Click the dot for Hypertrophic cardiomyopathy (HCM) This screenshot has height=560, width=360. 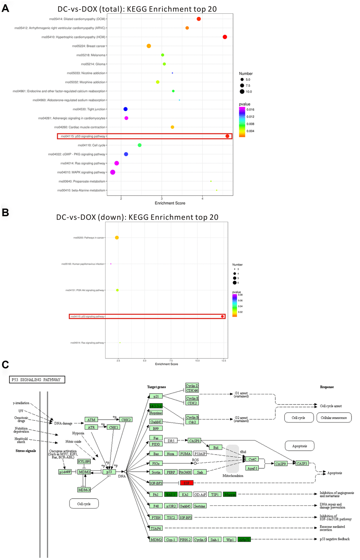click(x=225, y=37)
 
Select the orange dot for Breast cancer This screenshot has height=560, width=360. click(x=149, y=46)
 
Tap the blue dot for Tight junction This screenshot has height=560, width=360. click(x=126, y=109)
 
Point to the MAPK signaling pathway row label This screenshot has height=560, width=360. click(x=81, y=172)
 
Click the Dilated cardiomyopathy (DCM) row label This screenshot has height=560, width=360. click(x=77, y=19)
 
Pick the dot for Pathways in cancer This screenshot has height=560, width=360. click(x=117, y=238)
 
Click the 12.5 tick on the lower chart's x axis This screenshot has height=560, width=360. click(x=224, y=361)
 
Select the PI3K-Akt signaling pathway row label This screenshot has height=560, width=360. click(x=85, y=290)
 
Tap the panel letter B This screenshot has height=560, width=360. click(x=5, y=212)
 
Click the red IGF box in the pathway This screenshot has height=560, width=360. click(x=187, y=483)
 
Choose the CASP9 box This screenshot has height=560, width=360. click(x=281, y=464)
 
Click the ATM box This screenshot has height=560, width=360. click(x=91, y=420)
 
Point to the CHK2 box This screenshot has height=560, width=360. click(x=126, y=420)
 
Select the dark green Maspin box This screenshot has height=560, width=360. click(x=230, y=494)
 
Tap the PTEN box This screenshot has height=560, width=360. click(x=156, y=517)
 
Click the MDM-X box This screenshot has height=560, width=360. click(x=84, y=490)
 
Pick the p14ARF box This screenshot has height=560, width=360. click(x=65, y=472)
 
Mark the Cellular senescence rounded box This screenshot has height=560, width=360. click(x=334, y=418)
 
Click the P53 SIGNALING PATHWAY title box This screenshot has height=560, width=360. click(x=37, y=380)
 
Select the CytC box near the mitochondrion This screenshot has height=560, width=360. click(x=252, y=459)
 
